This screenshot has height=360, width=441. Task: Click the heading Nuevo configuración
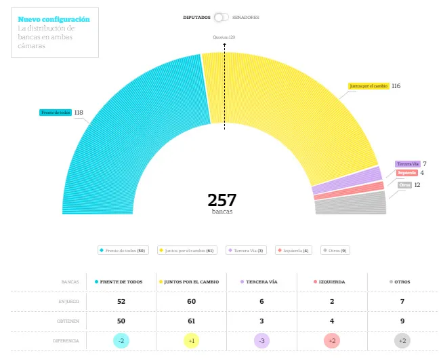coord(54,20)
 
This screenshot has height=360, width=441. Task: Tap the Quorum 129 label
coord(224,37)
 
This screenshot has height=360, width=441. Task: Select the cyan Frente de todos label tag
coord(56,113)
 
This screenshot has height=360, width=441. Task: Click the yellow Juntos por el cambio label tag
coord(369,86)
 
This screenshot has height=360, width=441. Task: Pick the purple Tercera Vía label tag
coord(408,164)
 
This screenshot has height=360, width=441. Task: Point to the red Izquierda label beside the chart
coord(406,173)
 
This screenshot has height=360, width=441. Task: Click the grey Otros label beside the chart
coord(404,185)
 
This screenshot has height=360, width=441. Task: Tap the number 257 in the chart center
coord(222,200)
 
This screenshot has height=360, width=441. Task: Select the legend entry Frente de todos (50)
coord(123,251)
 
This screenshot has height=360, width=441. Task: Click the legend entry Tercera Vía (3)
coord(247,251)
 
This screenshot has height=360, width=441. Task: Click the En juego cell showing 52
coord(121,301)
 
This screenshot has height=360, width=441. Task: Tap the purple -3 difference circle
coord(261,340)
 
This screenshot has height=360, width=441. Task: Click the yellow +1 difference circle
coord(192,340)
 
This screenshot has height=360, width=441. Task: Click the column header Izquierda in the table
coord(332,281)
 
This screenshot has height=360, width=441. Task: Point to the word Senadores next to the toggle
coord(245,17)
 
